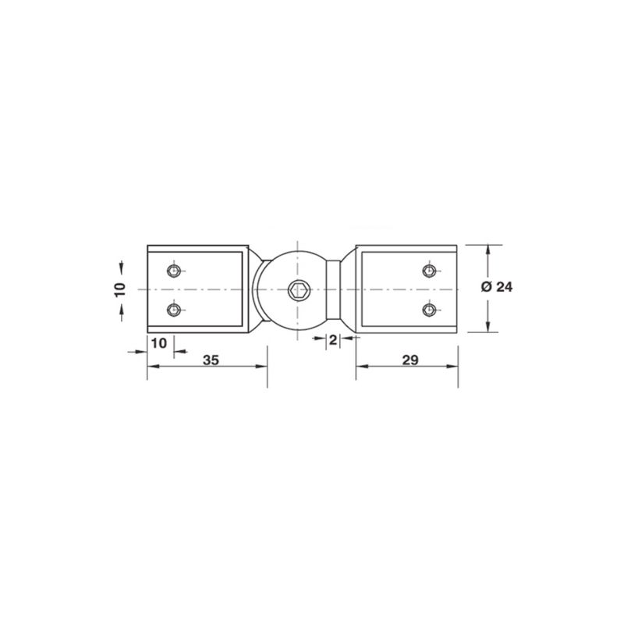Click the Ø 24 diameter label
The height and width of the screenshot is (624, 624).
pos(497,286)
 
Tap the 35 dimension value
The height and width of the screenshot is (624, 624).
pos(211,360)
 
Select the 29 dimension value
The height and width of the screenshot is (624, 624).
pos(410,360)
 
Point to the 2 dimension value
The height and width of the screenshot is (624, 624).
pos(333,340)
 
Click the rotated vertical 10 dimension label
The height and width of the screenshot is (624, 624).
pos(120,289)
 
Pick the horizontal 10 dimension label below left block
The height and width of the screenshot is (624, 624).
pos(159,342)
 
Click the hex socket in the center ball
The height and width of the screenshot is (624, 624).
pos(297,290)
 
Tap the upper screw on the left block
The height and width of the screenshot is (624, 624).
pos(173,271)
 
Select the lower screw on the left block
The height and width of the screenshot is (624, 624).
pos(173,309)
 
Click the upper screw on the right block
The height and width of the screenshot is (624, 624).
pos(428,271)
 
